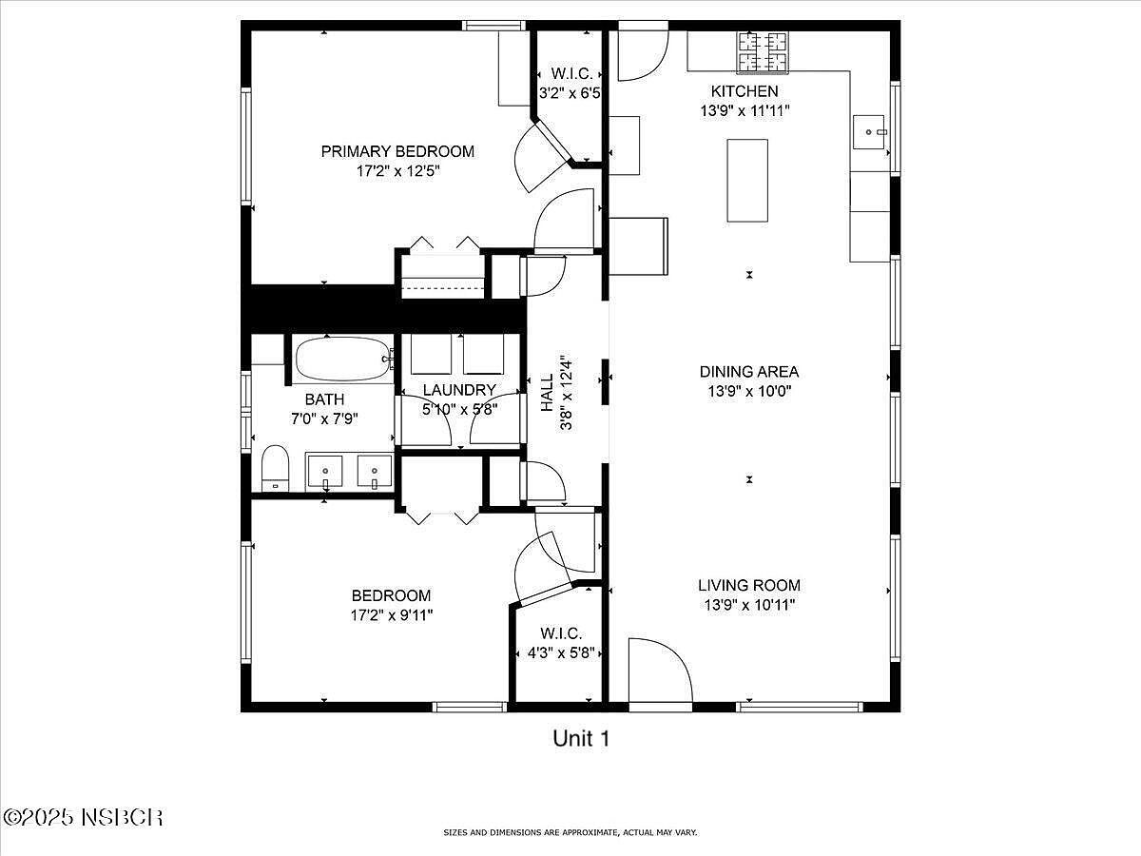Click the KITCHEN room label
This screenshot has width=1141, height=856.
[x=745, y=91]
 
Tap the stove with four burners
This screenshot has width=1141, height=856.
[x=763, y=52]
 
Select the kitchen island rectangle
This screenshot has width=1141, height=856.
[x=747, y=180]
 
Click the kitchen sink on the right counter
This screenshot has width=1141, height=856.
[x=870, y=130]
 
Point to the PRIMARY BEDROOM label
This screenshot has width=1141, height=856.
[x=396, y=151]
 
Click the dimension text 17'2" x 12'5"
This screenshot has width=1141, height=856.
[x=396, y=171]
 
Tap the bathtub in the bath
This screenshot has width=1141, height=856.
[x=341, y=359]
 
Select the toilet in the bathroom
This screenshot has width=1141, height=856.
[x=274, y=468]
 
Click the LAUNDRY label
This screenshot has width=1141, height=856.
[x=459, y=390]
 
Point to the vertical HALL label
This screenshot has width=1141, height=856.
[x=548, y=392]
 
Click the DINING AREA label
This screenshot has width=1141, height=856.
[x=749, y=372]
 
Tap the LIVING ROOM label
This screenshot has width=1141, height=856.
[x=749, y=586]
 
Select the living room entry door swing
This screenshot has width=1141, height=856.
[x=661, y=671]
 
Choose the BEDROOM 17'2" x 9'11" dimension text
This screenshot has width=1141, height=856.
[x=392, y=615]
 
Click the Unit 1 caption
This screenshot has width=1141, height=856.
[x=580, y=737]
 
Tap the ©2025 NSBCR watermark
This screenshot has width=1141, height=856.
[x=84, y=817]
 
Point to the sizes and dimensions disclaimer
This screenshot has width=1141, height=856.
[x=570, y=832]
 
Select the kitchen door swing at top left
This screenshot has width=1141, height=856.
[x=642, y=55]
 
